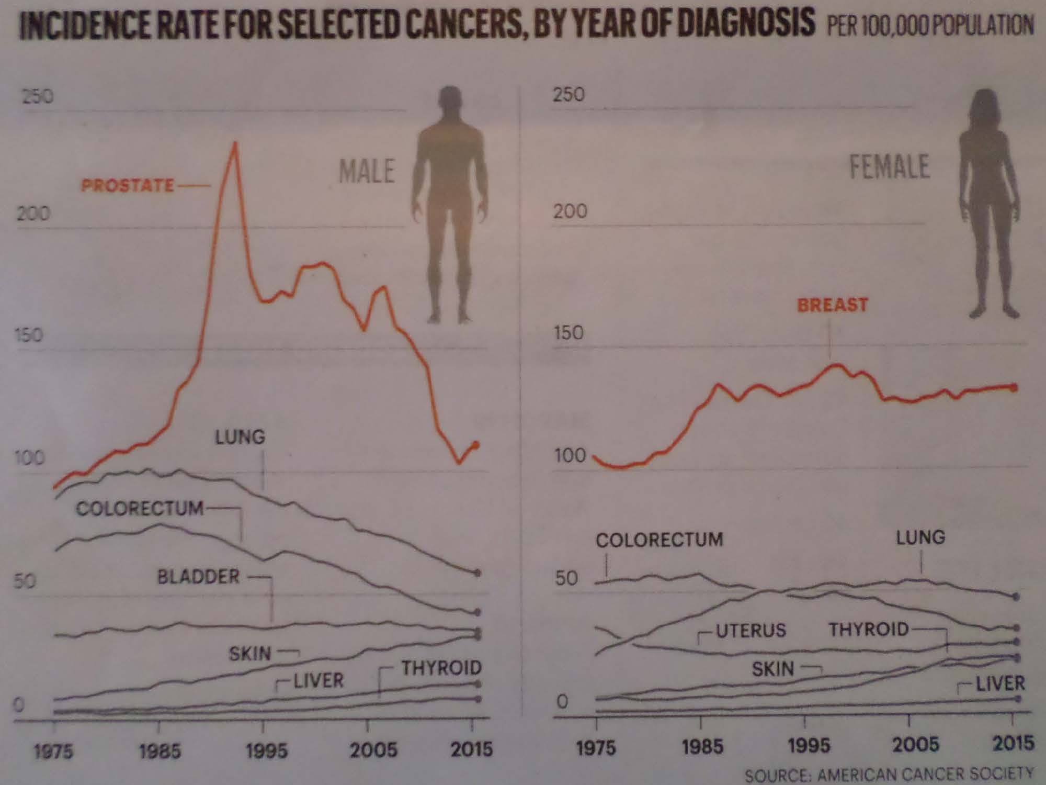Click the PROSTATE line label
pos(127,185)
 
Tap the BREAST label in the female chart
pos(833,305)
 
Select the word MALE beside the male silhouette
pos(367,171)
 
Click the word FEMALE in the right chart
pos(889,167)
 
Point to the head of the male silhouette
pos(451,103)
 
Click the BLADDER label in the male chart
pos(198,577)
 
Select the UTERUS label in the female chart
pos(751,630)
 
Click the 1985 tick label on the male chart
pos(160,752)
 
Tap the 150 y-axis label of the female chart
pos(569,333)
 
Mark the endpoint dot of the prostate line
pos(475,445)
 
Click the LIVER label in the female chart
pos(1000,683)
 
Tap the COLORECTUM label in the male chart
pos(140,509)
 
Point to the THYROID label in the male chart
pos(441,668)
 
